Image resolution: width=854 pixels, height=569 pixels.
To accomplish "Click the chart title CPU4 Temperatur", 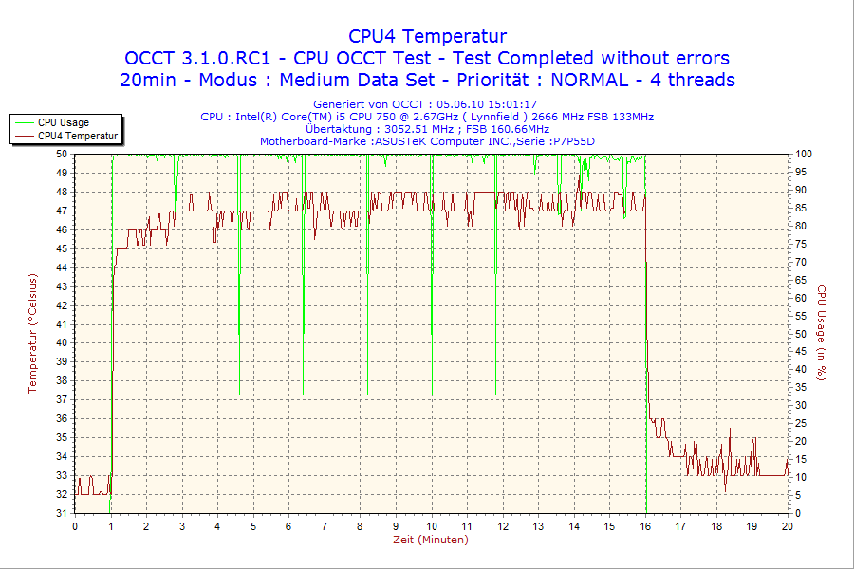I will (x=427, y=36).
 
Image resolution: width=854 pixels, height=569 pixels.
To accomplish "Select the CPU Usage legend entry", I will (x=64, y=122).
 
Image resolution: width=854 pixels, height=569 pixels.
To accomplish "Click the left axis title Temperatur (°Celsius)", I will (x=33, y=333).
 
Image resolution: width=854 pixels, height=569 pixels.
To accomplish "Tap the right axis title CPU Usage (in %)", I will (x=822, y=333).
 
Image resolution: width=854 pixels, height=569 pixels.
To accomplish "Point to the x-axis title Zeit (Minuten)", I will (x=431, y=540).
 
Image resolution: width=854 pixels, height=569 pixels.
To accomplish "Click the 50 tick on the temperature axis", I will (x=62, y=154).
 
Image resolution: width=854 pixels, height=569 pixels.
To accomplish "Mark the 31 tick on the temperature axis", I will (x=62, y=513).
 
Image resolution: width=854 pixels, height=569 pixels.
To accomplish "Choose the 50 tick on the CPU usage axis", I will (x=801, y=334).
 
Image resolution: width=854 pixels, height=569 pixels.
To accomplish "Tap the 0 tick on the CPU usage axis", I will (x=798, y=513).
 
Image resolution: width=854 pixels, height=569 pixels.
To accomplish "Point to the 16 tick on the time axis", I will (x=646, y=525).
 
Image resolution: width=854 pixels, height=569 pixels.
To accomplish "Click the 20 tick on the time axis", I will (x=788, y=525).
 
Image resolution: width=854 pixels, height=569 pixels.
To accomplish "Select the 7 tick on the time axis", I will (x=325, y=525).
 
